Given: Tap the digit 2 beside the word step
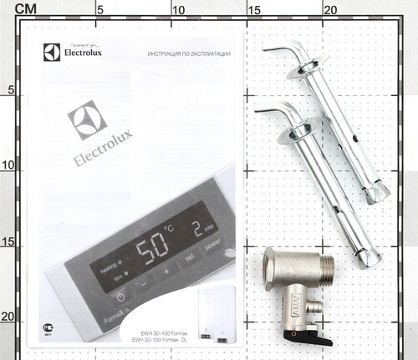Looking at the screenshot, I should (196, 229).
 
